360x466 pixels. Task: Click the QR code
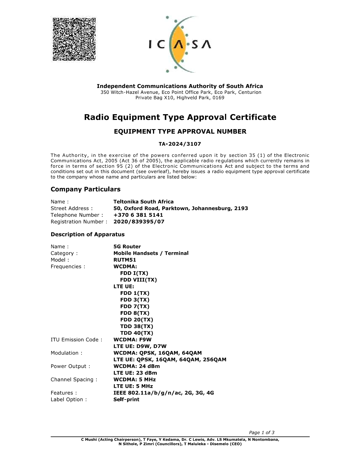[x=74, y=39]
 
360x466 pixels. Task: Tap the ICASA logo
[x=180, y=44]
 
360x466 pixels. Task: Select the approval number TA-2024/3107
[x=180, y=144]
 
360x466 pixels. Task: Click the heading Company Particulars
[x=86, y=189]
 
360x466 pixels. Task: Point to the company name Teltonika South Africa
[x=144, y=202]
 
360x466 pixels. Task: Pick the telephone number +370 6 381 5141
[x=138, y=215]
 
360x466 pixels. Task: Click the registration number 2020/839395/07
[x=139, y=222]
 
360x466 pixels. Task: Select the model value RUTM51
[x=125, y=260]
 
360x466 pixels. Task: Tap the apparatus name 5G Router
[x=127, y=247]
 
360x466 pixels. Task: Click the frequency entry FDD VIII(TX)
[x=139, y=280]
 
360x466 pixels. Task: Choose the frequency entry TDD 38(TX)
[x=137, y=326]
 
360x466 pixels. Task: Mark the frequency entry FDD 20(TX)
[x=137, y=320]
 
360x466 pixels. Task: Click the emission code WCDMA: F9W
[x=132, y=339]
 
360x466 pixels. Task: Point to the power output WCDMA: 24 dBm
[x=137, y=366]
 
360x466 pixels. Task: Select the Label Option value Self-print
[x=126, y=400]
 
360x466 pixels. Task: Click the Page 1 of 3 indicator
[x=262, y=432]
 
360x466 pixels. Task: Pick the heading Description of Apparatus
[x=88, y=234]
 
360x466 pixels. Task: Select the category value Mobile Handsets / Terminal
[x=151, y=253]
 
